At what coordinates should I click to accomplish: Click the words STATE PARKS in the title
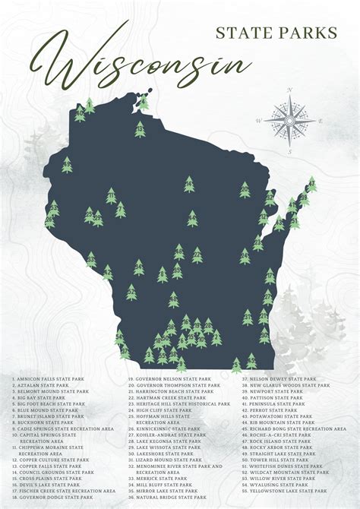[276, 32]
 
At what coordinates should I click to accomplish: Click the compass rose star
[290, 120]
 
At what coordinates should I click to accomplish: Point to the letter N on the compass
[289, 90]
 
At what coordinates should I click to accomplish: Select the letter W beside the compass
[259, 121]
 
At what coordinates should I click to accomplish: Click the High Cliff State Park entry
[160, 410]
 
